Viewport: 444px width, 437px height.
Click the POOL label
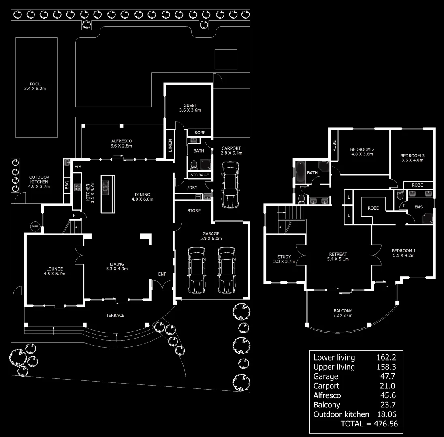[35, 84]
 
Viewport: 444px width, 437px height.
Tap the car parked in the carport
[230, 185]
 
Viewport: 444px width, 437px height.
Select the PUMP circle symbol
[35, 227]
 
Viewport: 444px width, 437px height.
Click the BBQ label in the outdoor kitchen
[67, 185]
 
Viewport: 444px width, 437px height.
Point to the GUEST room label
[190, 106]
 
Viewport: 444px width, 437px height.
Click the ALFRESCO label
[122, 141]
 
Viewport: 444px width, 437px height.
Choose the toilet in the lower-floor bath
[194, 165]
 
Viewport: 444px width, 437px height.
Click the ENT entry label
[162, 274]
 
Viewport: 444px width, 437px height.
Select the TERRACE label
[115, 315]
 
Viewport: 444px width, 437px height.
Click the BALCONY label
[342, 310]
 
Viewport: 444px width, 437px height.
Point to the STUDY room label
[284, 257]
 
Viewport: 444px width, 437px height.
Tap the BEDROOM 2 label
[362, 149]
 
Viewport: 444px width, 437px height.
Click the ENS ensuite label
[418, 207]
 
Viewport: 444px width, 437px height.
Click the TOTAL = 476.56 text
[369, 424]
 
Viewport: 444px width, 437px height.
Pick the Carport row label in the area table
[326, 386]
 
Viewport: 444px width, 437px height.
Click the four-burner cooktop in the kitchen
[77, 187]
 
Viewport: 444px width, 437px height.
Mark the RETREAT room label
[339, 254]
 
